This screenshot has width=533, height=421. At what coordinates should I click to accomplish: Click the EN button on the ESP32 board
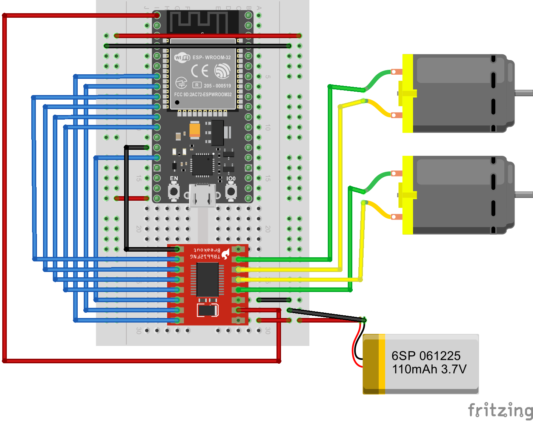[x=174, y=191]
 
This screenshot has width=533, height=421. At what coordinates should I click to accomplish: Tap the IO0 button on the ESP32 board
[x=231, y=191]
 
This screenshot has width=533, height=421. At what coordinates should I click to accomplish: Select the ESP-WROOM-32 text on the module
[x=211, y=58]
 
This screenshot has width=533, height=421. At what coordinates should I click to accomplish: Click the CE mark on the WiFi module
[x=200, y=71]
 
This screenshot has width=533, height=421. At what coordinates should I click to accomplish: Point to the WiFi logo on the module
[x=182, y=57]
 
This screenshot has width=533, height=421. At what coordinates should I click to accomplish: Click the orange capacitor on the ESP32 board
[x=195, y=129]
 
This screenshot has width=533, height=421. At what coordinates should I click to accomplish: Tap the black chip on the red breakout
[x=207, y=279]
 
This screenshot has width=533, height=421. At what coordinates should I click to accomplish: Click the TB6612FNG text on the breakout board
[x=204, y=257]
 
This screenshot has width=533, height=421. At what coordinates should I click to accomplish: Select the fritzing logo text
[x=500, y=409]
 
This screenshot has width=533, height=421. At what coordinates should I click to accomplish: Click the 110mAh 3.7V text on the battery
[x=429, y=369]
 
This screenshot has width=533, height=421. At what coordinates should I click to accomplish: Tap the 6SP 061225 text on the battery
[x=426, y=356]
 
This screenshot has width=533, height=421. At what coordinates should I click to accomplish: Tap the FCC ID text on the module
[x=203, y=95]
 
